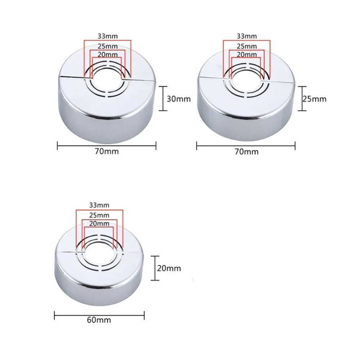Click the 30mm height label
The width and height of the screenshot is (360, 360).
pyautogui.click(x=179, y=99)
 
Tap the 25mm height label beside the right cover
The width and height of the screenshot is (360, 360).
pyautogui.click(x=314, y=98)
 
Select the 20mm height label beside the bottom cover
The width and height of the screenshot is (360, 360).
pyautogui.click(x=169, y=268)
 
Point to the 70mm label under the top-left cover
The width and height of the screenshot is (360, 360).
pyautogui.click(x=107, y=151)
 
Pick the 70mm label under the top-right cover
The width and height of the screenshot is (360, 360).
pyautogui.click(x=246, y=152)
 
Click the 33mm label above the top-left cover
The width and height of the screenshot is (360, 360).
pyautogui.click(x=108, y=36)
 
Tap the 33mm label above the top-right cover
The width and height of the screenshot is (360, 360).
pyautogui.click(x=247, y=36)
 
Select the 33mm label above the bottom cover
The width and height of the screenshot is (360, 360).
pyautogui.click(x=99, y=205)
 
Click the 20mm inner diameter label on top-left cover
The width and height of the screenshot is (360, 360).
pyautogui.click(x=108, y=54)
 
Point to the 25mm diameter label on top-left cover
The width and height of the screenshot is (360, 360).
pyautogui.click(x=108, y=46)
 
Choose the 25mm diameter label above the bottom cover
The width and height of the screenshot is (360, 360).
pyautogui.click(x=99, y=215)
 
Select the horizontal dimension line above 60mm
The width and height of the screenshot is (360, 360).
pyautogui.click(x=99, y=315)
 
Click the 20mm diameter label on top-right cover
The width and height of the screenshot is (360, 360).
pyautogui.click(x=247, y=54)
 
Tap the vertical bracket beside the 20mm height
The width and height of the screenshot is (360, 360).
pyautogui.click(x=155, y=268)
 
